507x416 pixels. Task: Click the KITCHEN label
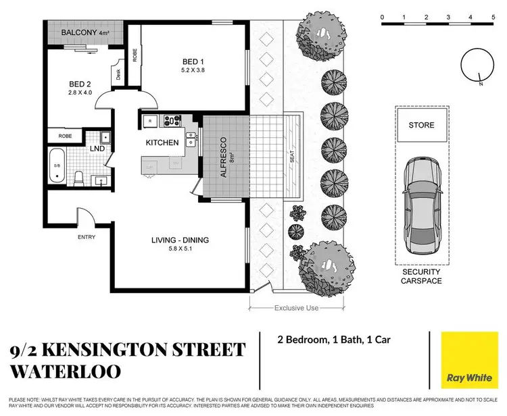pos(162,142)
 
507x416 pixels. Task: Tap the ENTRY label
pos(87,237)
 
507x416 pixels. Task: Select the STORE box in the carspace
pos(421,126)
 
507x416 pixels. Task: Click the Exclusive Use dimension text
pos(295,308)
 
